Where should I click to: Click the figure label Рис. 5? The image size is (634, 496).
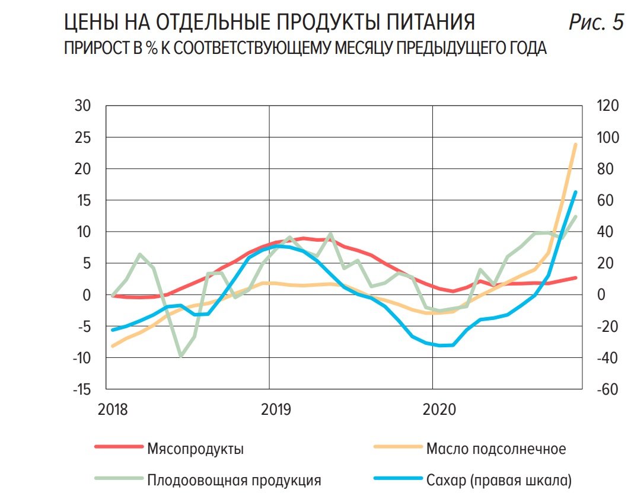point(596,23)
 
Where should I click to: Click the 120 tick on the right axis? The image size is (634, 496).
point(607,106)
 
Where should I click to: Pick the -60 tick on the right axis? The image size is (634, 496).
point(606,389)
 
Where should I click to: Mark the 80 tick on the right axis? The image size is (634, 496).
point(604,169)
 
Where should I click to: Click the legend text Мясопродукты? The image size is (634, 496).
point(195,449)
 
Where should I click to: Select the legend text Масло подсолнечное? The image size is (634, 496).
point(496,449)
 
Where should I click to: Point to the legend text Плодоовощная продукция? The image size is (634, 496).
point(234,479)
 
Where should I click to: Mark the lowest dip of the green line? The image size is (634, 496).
point(181,356)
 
